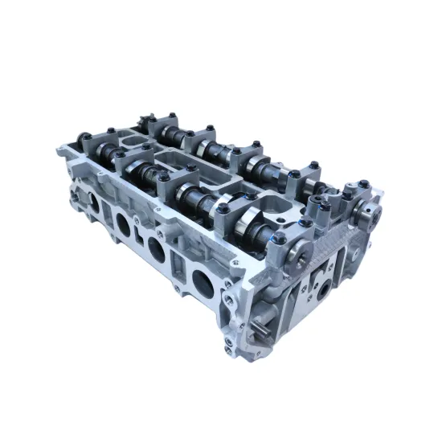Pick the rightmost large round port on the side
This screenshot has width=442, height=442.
pyautogui.click(x=200, y=280)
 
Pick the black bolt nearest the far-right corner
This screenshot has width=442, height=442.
pyautogui.click(x=362, y=184)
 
